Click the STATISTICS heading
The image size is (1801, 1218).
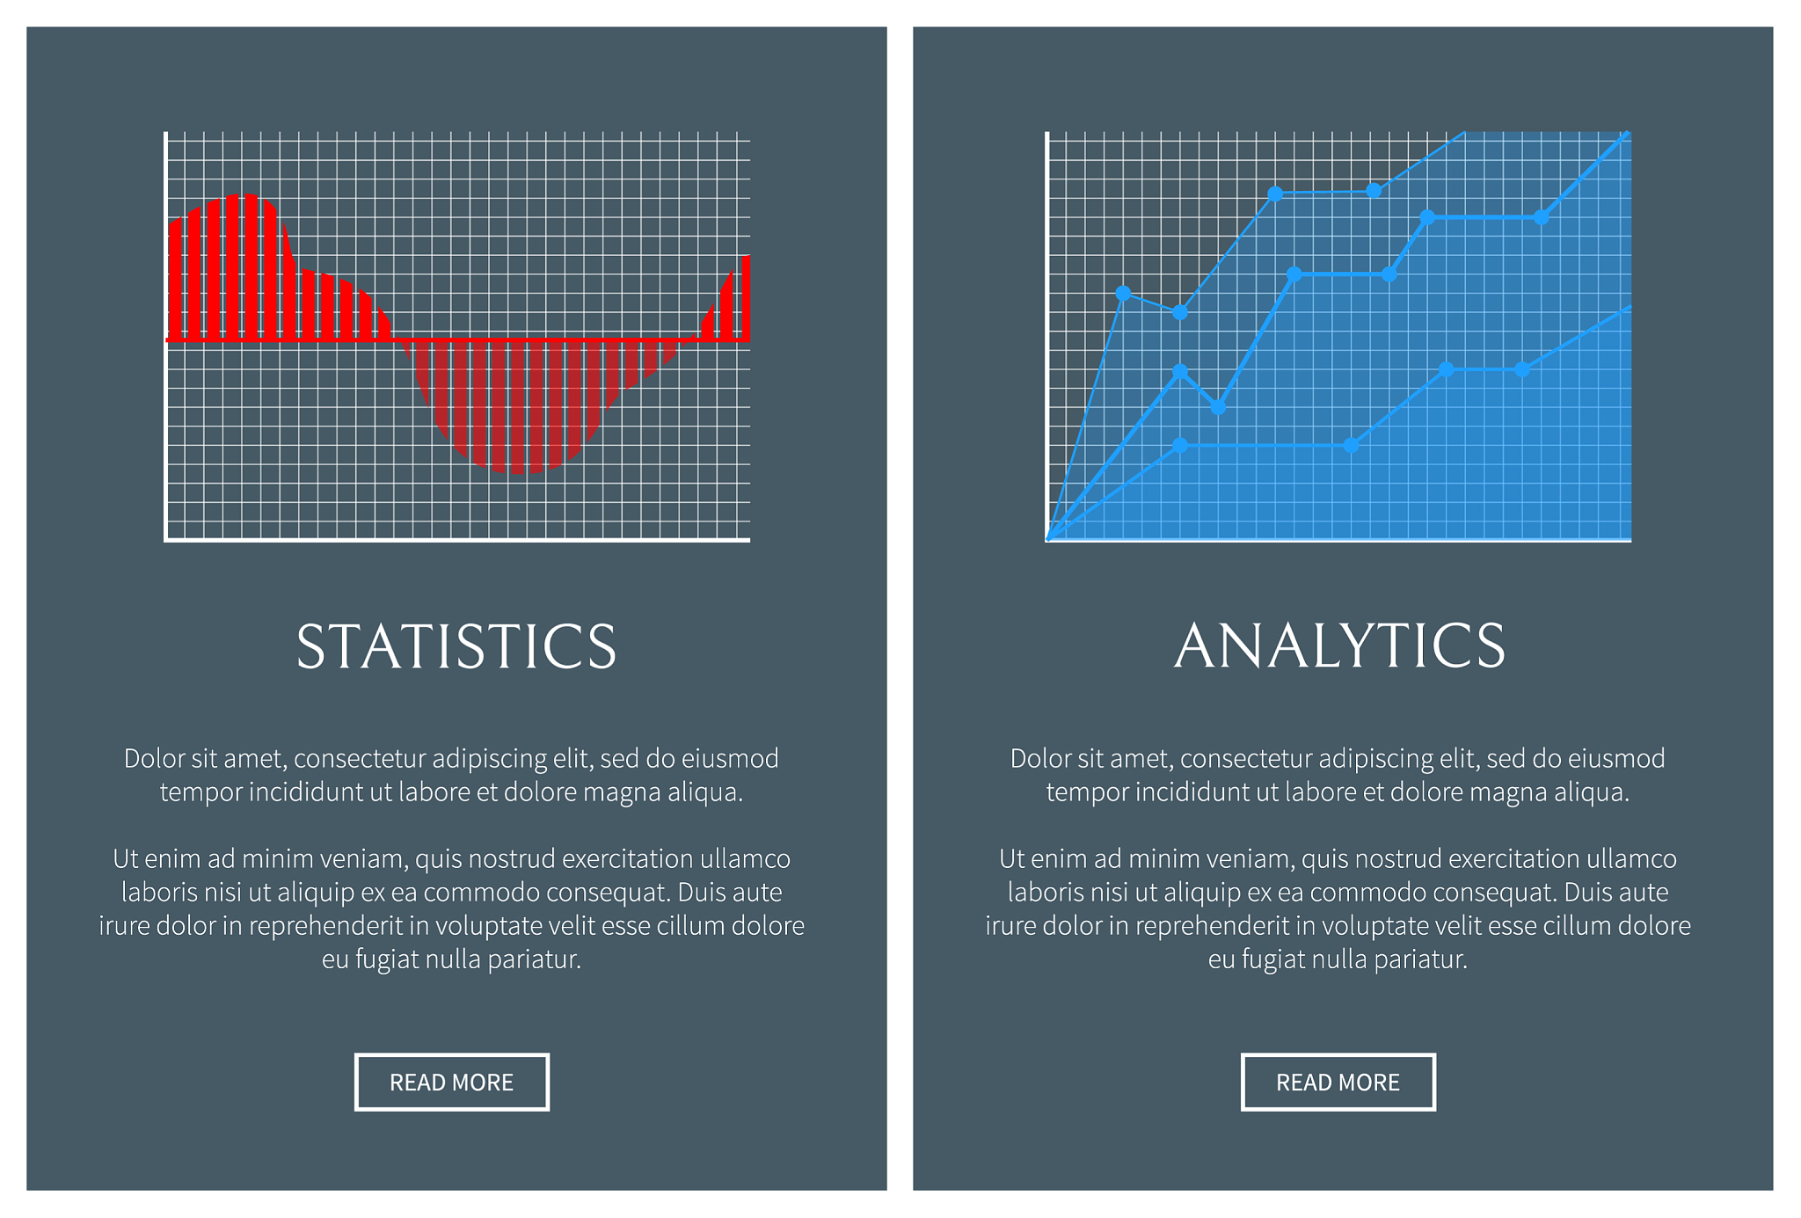click(x=456, y=646)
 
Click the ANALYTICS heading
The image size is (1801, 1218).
click(x=1339, y=645)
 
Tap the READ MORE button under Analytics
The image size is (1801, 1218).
click(x=1338, y=1082)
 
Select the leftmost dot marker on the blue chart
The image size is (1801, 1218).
click(x=1123, y=293)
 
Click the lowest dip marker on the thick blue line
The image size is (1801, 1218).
click(x=1218, y=407)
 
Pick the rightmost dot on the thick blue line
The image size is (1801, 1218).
click(x=1541, y=217)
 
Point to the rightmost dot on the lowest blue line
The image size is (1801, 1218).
click(x=1522, y=369)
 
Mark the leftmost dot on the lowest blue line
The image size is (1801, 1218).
click(x=1180, y=446)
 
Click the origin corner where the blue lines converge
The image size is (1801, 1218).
click(x=1047, y=539)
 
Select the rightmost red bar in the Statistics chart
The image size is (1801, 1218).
click(x=746, y=297)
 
